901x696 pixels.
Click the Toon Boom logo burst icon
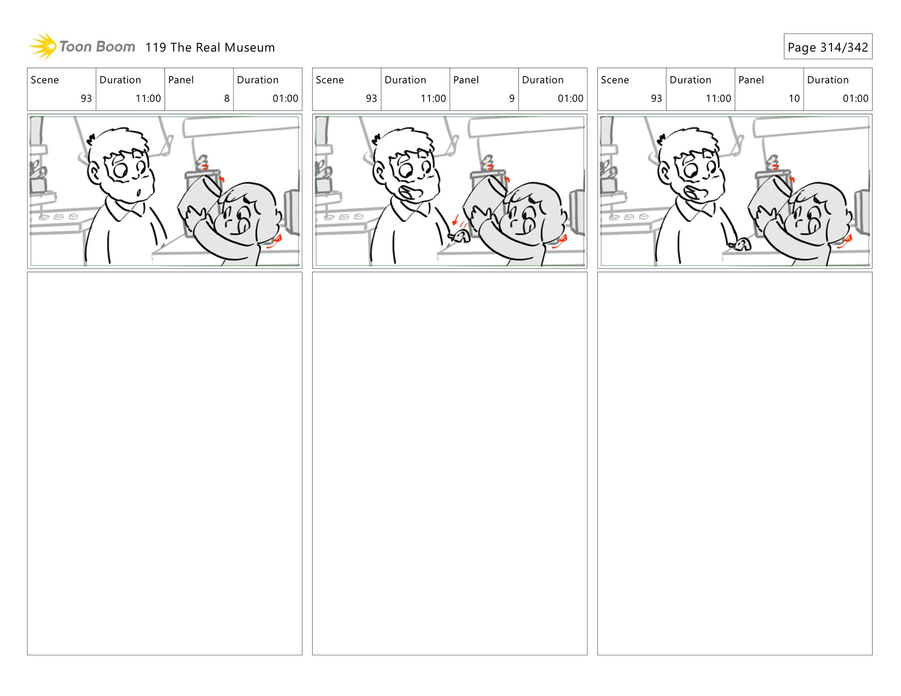(x=43, y=46)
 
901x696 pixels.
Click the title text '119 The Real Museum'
(x=210, y=47)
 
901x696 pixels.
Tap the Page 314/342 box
(x=828, y=46)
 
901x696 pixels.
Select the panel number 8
(x=227, y=98)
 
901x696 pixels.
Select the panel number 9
(x=512, y=98)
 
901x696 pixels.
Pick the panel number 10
(x=794, y=98)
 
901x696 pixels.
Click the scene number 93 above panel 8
(x=86, y=98)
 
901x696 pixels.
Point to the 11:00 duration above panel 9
(x=433, y=98)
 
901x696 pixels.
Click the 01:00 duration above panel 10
(x=855, y=98)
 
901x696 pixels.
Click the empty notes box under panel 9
(x=450, y=463)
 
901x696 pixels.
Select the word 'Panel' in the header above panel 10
(x=751, y=80)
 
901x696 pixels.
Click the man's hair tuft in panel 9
(x=376, y=139)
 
